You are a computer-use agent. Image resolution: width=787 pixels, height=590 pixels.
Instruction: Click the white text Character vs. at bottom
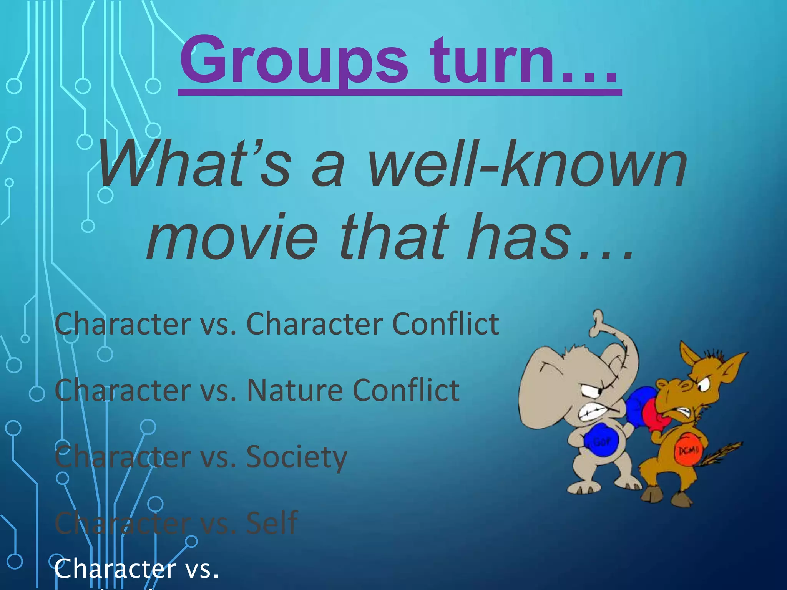coord(136,569)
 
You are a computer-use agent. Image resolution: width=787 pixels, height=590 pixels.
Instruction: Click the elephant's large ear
coord(546,384)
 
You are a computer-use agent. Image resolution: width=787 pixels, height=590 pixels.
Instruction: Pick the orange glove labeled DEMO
coord(688,449)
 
